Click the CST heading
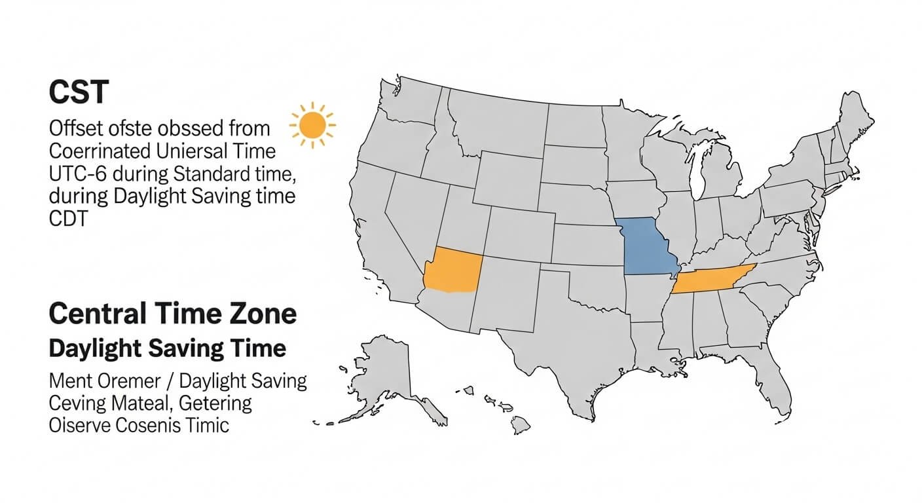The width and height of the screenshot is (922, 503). pos(78,92)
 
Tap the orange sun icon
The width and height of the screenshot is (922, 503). pos(312,124)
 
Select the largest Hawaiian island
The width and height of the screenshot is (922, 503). pos(521,425)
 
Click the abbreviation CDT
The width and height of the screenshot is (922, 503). pos(68,219)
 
